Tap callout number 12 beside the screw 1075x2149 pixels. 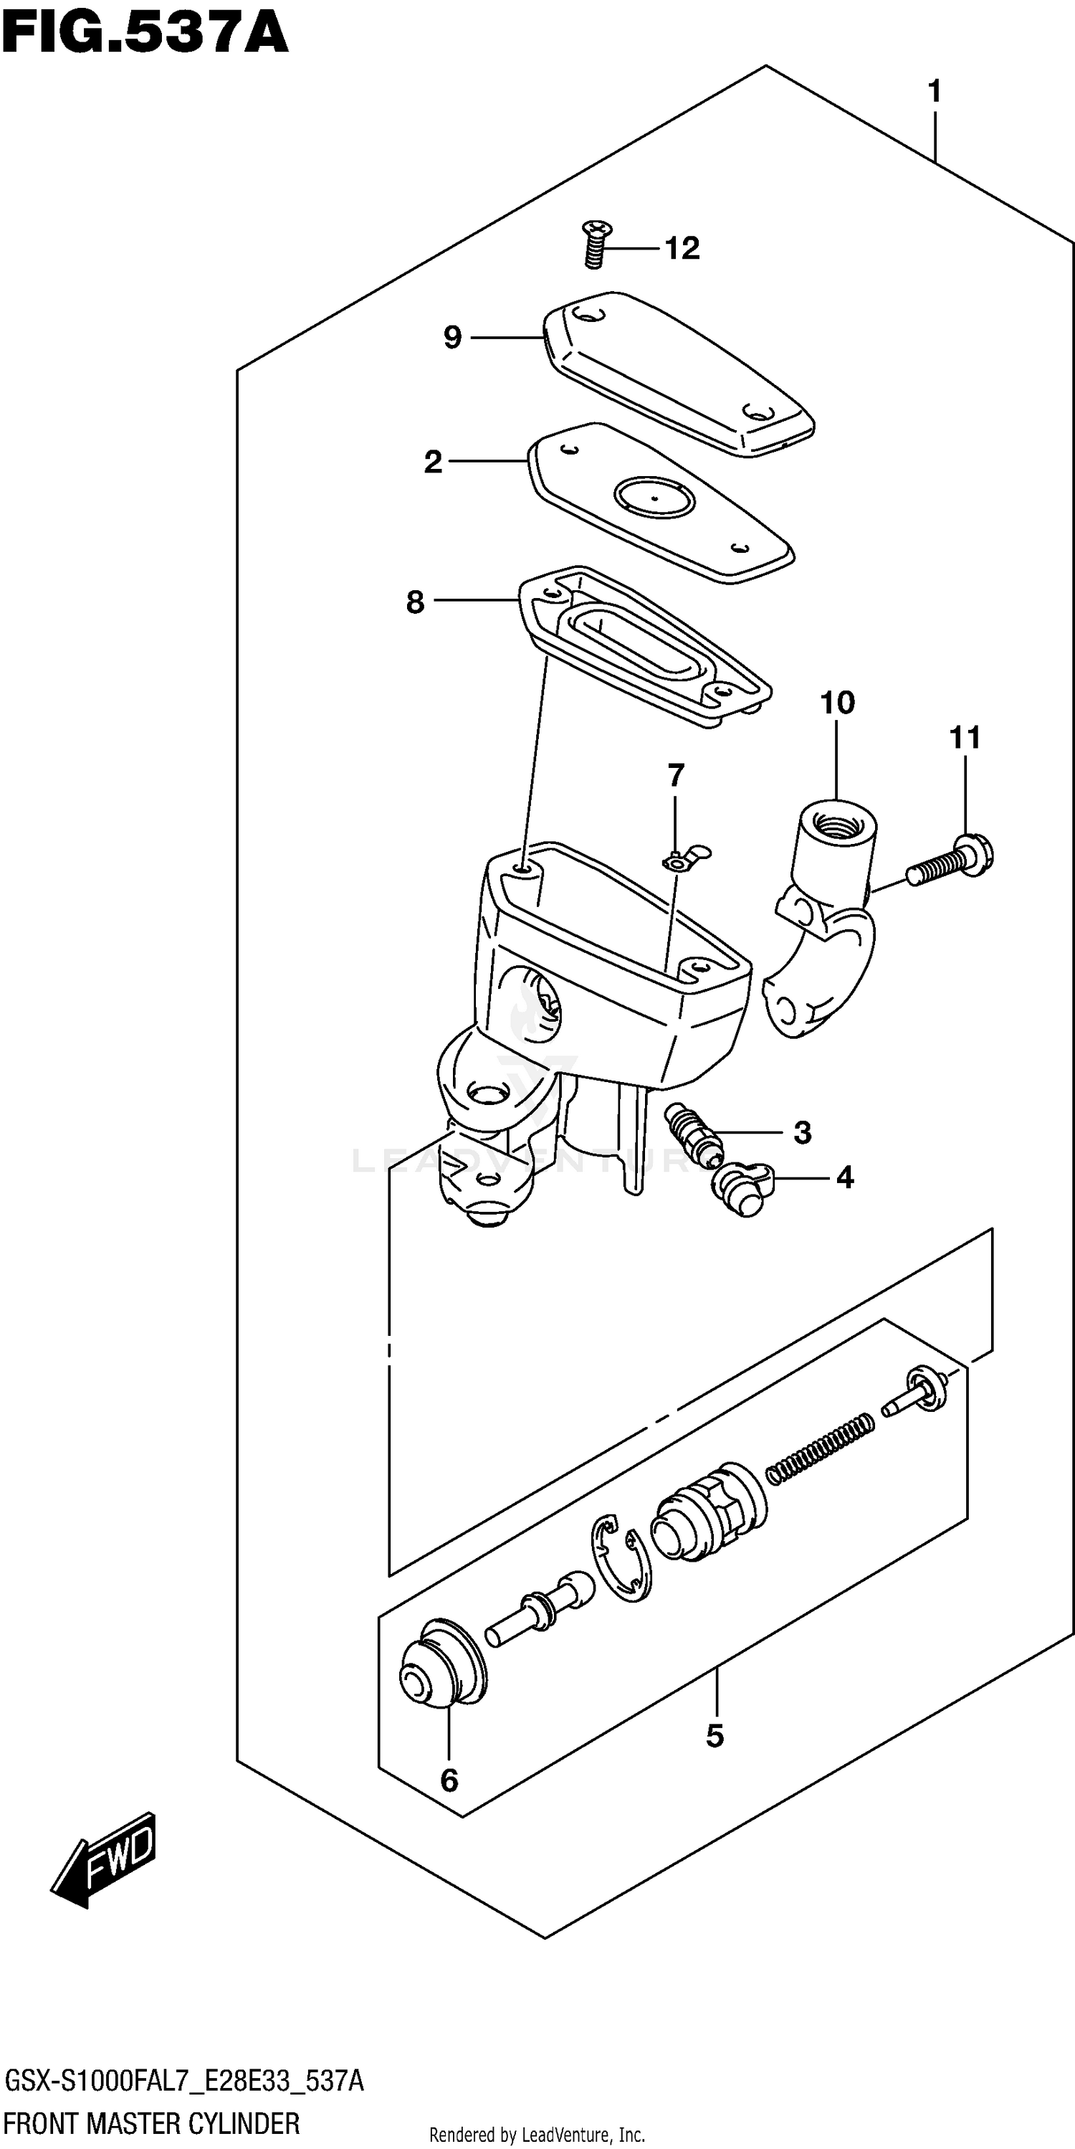(x=682, y=249)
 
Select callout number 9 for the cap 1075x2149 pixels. (x=452, y=338)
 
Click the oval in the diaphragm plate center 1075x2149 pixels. (x=654, y=497)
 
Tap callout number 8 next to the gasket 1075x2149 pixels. (x=416, y=602)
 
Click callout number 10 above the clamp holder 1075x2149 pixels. (x=837, y=703)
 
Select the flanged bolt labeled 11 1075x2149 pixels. (x=953, y=861)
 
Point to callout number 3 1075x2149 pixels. (x=801, y=1133)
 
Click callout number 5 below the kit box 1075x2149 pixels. (x=715, y=1736)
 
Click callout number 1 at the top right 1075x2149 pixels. (x=934, y=91)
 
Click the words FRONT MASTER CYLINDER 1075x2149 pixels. (x=153, y=2123)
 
